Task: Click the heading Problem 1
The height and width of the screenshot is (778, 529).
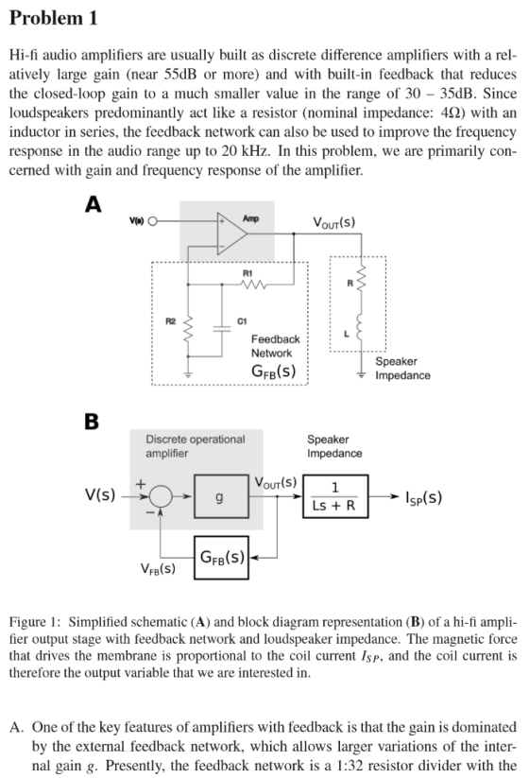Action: [x=54, y=18]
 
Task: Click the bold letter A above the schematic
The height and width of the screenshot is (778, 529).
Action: [x=94, y=204]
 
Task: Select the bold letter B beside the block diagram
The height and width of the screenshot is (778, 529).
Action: [x=92, y=422]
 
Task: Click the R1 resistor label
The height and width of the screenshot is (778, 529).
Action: [x=247, y=273]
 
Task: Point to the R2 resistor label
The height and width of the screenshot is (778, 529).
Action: [x=171, y=321]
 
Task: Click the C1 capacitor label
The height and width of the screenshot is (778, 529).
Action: [x=242, y=321]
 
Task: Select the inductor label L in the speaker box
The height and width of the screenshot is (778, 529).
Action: [x=347, y=334]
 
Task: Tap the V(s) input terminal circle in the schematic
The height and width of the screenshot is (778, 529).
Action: [x=153, y=221]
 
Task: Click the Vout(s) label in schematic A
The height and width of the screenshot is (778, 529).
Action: [x=333, y=222]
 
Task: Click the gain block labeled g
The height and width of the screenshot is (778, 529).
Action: [x=221, y=496]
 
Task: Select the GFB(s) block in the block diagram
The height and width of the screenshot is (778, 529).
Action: [x=221, y=557]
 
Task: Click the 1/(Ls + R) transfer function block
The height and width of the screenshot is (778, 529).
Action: [x=335, y=496]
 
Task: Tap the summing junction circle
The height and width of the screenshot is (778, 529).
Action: [x=161, y=495]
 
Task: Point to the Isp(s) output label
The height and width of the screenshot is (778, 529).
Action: [x=423, y=496]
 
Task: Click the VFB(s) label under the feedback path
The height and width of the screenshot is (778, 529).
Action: [x=158, y=569]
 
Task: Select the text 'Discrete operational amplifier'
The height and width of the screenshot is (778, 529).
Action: [x=196, y=446]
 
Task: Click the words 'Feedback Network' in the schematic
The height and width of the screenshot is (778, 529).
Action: [x=275, y=346]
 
